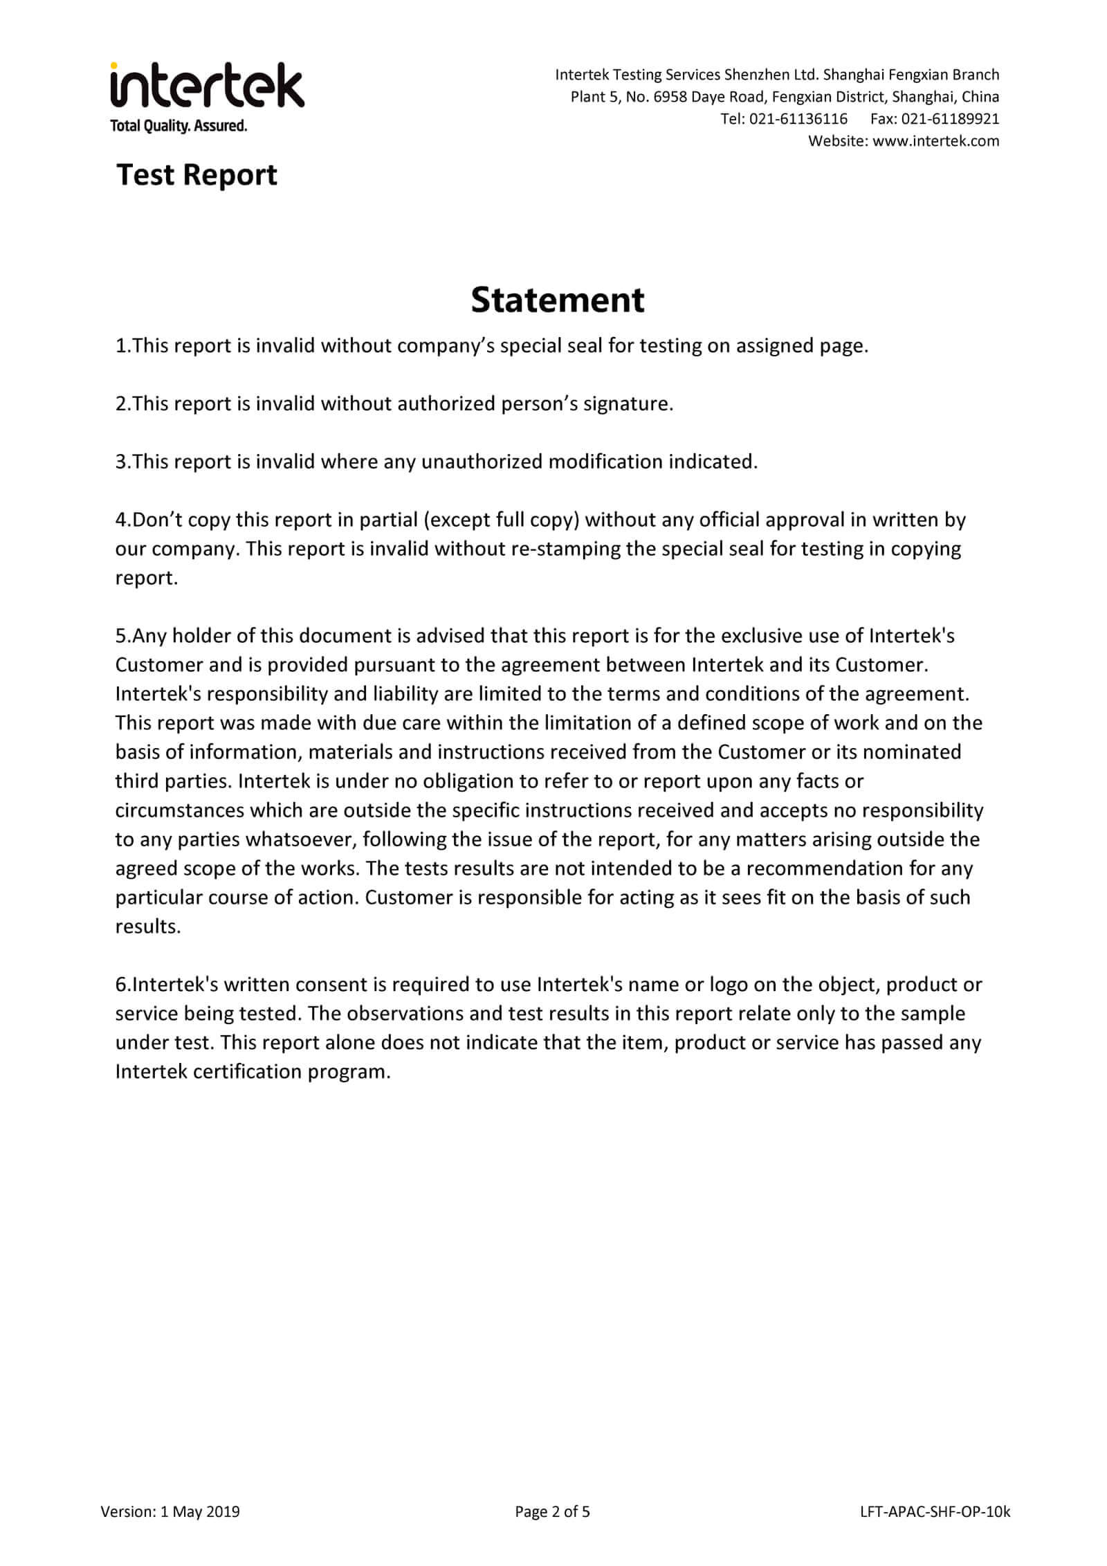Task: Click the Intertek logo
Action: click(x=207, y=86)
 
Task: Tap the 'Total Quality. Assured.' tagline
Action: click(x=179, y=126)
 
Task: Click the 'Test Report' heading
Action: click(x=196, y=174)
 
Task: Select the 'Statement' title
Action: click(x=557, y=300)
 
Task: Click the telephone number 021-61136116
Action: click(x=798, y=119)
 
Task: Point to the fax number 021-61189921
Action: click(x=950, y=119)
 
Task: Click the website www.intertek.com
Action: click(x=935, y=141)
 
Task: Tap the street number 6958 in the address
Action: click(x=670, y=97)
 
